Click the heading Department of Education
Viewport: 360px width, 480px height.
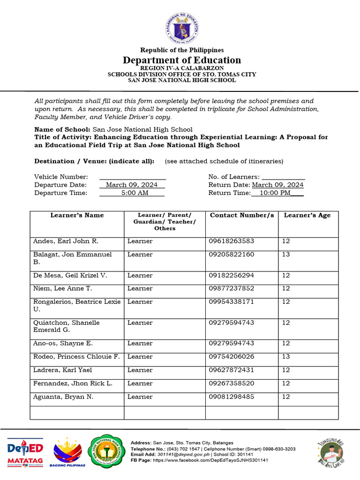click(x=182, y=60)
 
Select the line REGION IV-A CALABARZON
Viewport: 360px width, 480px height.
click(x=182, y=68)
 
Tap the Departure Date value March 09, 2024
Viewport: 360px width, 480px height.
click(x=132, y=185)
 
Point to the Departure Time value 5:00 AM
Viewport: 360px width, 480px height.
click(x=135, y=193)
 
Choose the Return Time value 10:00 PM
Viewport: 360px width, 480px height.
click(x=275, y=193)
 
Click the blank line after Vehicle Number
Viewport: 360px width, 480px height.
click(x=132, y=177)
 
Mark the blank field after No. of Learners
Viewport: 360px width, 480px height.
click(x=283, y=177)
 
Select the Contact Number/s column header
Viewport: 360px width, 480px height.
click(x=241, y=215)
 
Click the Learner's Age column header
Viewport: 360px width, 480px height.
click(x=307, y=215)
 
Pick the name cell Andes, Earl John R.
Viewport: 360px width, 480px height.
click(x=66, y=241)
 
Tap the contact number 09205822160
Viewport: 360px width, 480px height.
click(x=232, y=255)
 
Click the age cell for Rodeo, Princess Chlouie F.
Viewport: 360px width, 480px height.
click(x=286, y=357)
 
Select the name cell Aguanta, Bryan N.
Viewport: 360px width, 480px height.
click(x=63, y=397)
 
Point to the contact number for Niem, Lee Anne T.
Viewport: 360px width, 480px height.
click(x=232, y=288)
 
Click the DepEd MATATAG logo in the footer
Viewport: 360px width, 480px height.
click(x=25, y=452)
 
